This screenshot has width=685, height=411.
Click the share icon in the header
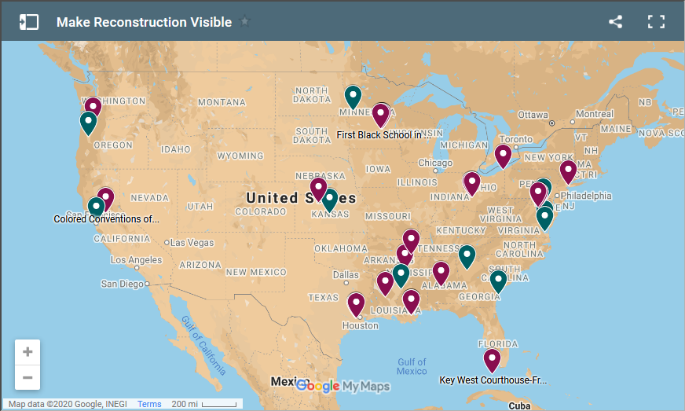tap(615, 22)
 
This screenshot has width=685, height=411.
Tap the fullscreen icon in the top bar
tap(656, 22)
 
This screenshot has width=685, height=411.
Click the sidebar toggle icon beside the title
tap(29, 22)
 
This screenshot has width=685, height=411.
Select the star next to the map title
tap(245, 21)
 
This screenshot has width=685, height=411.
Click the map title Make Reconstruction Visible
tap(144, 22)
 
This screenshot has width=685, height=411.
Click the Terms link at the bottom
tap(149, 404)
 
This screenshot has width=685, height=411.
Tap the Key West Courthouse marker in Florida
tap(492, 360)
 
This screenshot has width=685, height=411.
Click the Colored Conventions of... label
tap(106, 219)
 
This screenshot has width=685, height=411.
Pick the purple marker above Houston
tap(357, 304)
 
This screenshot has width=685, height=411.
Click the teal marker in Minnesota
tap(353, 96)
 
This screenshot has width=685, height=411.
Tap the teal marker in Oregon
tap(88, 123)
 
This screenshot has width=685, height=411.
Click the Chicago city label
tap(435, 163)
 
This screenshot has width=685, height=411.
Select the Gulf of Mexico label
tap(412, 366)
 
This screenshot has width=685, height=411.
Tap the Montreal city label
tap(594, 114)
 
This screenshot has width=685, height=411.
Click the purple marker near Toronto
tap(503, 156)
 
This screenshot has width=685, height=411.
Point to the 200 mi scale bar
tap(204, 404)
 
